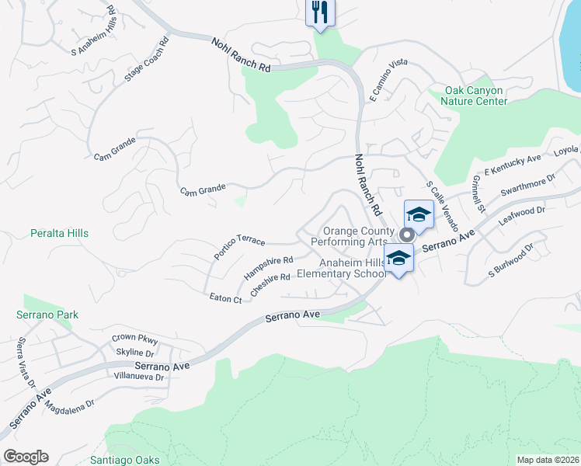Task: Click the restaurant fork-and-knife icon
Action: coord(320,12)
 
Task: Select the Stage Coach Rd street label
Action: coord(147,61)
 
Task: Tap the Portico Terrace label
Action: coord(240,247)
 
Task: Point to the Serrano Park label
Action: coord(47,315)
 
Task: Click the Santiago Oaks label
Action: coord(125,460)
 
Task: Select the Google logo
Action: coord(26,457)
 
